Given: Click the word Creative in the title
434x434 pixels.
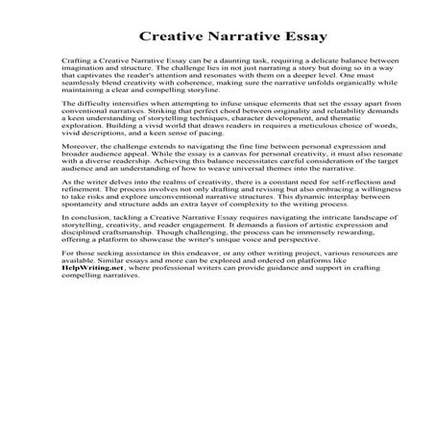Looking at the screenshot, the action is [168, 39].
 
